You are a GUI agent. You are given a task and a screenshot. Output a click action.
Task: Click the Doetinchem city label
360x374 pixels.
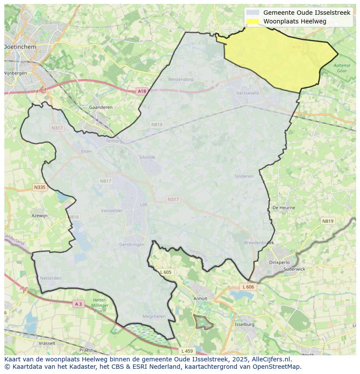20,46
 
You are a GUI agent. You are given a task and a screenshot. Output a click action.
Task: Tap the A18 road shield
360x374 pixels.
142,91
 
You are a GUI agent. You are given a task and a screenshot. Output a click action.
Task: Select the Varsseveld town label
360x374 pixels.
247,93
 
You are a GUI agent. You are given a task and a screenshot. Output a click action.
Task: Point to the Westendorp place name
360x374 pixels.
181,80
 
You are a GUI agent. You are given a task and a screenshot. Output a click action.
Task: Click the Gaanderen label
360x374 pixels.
100,107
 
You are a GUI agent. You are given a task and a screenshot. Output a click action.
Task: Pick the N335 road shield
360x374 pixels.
40,187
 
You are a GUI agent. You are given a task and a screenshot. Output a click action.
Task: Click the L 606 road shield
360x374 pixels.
248,287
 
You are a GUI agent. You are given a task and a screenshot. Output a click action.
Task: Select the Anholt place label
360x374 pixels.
200,298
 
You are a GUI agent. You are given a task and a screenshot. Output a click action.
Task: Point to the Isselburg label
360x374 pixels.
244,324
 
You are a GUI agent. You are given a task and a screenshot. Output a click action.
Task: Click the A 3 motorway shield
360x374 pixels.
78,304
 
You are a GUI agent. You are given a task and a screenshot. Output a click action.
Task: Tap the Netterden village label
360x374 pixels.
51,278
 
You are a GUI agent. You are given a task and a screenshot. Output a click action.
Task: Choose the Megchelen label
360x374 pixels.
154,317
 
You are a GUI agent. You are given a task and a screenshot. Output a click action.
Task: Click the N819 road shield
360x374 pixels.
328,221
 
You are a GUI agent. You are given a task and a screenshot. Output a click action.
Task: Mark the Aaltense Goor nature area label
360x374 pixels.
342,68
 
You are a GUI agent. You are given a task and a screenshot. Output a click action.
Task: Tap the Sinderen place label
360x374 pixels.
243,176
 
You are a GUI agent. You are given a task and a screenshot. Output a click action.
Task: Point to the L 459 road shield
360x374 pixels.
187,351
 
